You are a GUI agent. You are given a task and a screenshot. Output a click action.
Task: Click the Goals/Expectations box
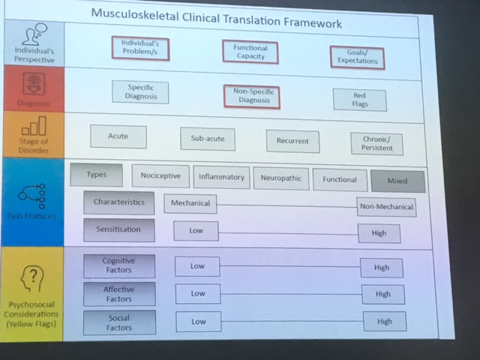click(x=355, y=57)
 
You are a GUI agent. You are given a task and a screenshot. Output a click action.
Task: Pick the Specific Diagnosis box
click(x=140, y=91)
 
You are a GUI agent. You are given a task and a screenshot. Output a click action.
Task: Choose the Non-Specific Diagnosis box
click(x=251, y=96)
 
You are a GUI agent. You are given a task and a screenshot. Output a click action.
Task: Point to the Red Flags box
click(x=360, y=100)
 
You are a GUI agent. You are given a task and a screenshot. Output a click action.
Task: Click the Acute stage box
click(x=118, y=136)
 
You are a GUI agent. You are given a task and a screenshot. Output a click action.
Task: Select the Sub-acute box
click(x=208, y=139)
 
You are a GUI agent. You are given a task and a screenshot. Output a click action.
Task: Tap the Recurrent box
click(x=292, y=142)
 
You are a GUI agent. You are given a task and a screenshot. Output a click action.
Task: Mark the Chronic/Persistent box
click(x=376, y=144)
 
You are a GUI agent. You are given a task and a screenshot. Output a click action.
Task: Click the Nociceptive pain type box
click(x=160, y=175)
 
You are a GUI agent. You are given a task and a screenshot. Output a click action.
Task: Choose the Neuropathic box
click(x=280, y=178)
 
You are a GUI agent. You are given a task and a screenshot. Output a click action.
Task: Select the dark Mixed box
click(x=397, y=181)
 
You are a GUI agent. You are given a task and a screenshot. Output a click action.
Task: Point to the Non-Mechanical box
click(x=385, y=206)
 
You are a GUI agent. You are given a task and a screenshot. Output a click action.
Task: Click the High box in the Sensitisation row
click(x=379, y=233)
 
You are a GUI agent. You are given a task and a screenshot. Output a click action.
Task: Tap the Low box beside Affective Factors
click(x=197, y=293)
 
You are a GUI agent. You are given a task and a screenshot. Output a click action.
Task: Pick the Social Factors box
click(x=118, y=322)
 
